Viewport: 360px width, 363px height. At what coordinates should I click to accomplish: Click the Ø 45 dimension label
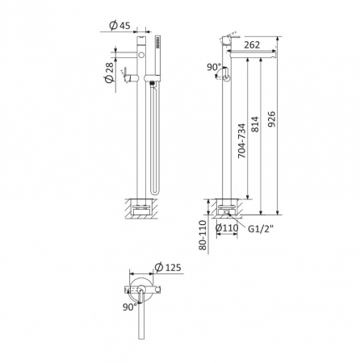tap(119, 25)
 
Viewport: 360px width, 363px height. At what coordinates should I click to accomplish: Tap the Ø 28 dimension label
tap(109, 73)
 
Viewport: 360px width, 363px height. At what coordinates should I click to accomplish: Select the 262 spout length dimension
tap(252, 45)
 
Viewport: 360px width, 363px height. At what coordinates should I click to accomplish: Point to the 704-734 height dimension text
tap(242, 140)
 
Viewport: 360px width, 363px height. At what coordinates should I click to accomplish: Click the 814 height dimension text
tap(255, 124)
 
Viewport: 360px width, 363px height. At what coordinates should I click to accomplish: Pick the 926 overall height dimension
tap(271, 119)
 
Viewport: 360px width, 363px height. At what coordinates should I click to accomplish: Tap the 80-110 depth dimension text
tap(203, 236)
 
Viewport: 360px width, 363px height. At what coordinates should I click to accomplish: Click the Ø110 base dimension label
tap(227, 228)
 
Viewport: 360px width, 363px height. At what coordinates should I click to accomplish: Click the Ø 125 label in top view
tap(168, 267)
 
